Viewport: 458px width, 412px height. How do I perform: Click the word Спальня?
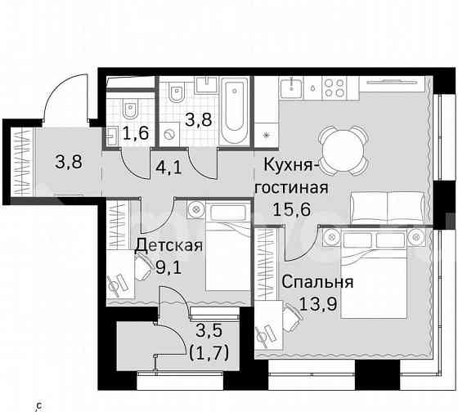[x=317, y=283]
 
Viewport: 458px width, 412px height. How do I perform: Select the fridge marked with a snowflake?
[x=267, y=134]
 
